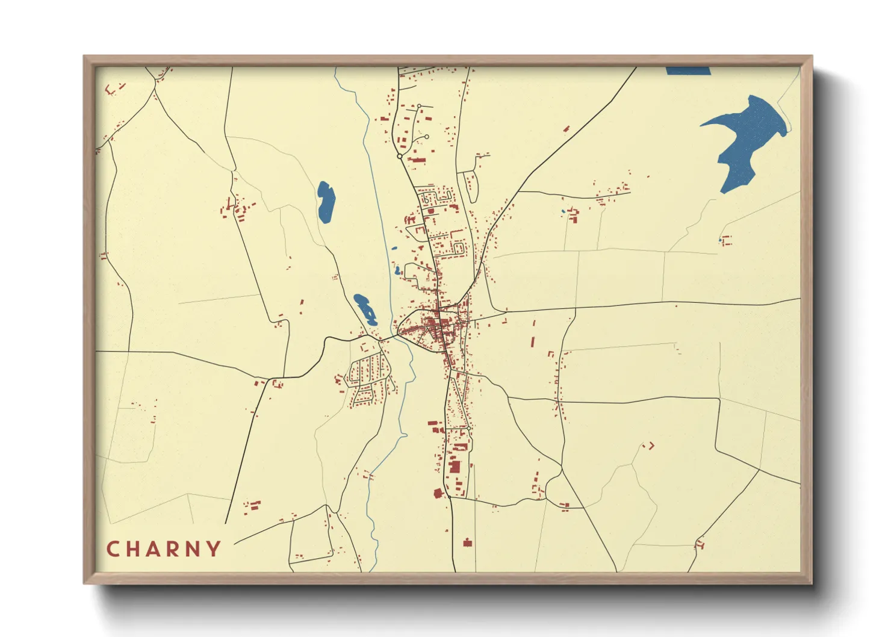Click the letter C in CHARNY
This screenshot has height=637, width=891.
pos(113,549)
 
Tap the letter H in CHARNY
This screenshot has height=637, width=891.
pos(134,549)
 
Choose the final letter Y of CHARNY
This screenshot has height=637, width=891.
pos(214,548)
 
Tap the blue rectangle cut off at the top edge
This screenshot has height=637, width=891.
pos(688,71)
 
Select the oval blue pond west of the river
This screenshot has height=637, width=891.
pos(326,202)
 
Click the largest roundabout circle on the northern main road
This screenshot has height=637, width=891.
pos(400,157)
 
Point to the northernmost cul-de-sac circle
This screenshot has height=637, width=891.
pos(420,107)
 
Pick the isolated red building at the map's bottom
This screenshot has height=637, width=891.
pos(467,542)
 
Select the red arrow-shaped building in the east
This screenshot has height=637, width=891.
pos(650,446)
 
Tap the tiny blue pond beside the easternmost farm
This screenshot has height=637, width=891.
pos(719,241)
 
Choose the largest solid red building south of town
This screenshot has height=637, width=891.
pos(455,466)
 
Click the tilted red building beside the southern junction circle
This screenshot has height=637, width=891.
pos(438,493)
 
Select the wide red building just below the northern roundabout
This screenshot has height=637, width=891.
pos(417,161)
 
